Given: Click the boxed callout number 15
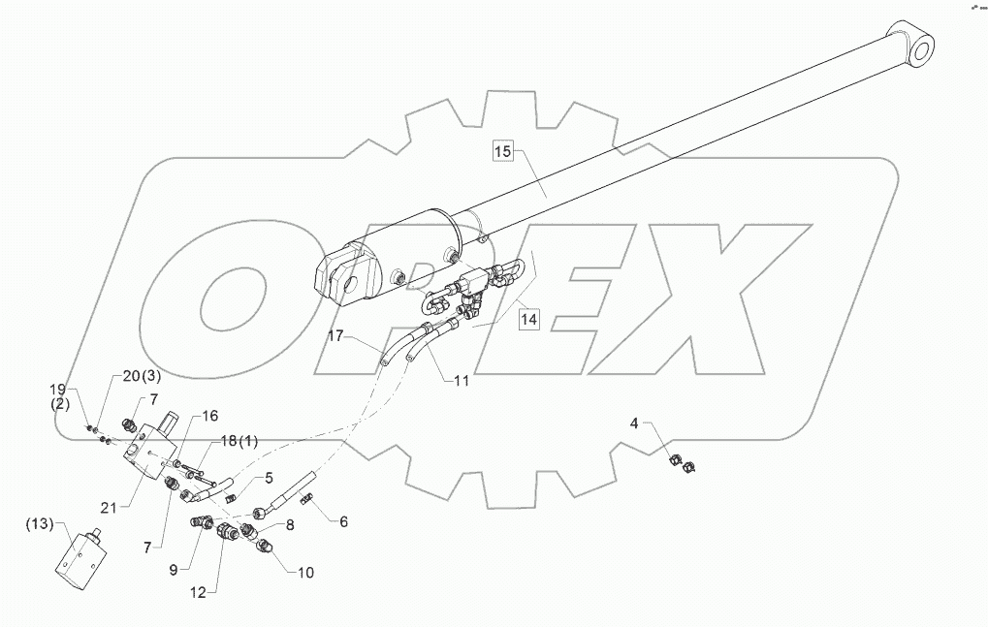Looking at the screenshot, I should (501, 151).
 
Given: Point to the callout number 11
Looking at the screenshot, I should (461, 381).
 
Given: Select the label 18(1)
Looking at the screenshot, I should (239, 442).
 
